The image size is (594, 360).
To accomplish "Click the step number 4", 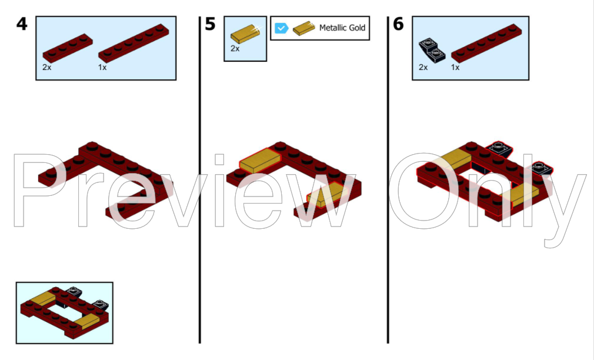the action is pyautogui.click(x=22, y=24).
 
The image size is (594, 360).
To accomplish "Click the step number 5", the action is pyautogui.click(x=210, y=24).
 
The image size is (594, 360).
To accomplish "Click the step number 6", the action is pyautogui.click(x=399, y=24).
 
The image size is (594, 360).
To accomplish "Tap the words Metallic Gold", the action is pyautogui.click(x=342, y=28).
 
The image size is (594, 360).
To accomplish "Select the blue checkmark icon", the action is pyautogui.click(x=282, y=28).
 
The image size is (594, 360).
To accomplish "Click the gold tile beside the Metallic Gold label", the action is pyautogui.click(x=304, y=28).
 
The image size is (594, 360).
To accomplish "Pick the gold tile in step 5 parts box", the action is pyautogui.click(x=245, y=34).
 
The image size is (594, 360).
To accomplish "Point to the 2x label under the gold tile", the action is pyautogui.click(x=235, y=48).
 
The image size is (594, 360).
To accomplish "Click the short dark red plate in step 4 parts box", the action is pyautogui.click(x=68, y=48).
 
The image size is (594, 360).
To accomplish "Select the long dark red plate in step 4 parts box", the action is pyautogui.click(x=134, y=43).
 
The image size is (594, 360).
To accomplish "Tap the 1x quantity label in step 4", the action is pyautogui.click(x=102, y=68).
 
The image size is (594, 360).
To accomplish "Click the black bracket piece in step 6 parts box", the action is pyautogui.click(x=432, y=50).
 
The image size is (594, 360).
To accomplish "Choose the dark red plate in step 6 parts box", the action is pyautogui.click(x=486, y=43).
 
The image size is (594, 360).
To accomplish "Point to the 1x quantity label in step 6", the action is pyautogui.click(x=455, y=68).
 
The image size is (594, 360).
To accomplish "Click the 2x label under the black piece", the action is pyautogui.click(x=423, y=68).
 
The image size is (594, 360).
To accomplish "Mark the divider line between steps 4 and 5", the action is pyautogui.click(x=199, y=179).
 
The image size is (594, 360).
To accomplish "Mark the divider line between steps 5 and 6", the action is pyautogui.click(x=388, y=179).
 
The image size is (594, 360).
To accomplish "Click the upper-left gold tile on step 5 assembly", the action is pyautogui.click(x=260, y=161).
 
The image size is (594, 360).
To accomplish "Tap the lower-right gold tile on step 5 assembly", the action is pyautogui.click(x=327, y=195).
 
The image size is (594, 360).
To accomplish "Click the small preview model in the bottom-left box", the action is pyautogui.click(x=65, y=312).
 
